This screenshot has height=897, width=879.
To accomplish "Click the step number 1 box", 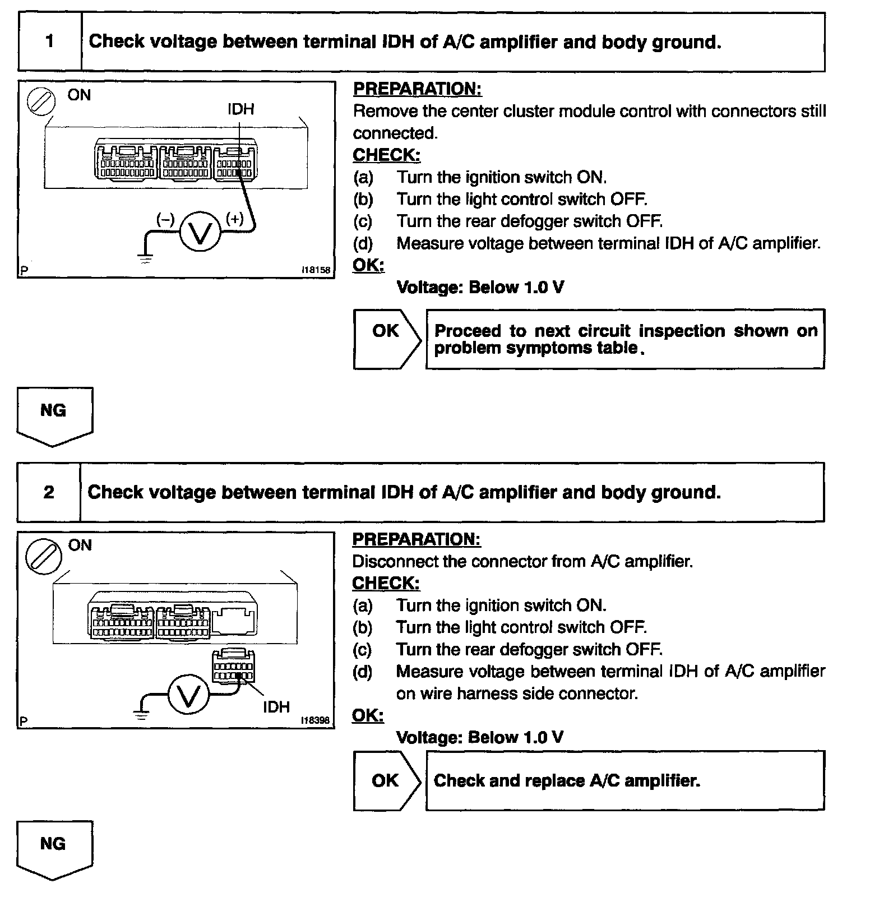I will coord(50,42).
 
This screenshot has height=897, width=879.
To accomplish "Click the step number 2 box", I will coord(49,492).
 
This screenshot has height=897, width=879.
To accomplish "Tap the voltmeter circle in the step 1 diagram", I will coord(200,231).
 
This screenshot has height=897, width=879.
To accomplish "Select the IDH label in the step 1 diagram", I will coord(240,109).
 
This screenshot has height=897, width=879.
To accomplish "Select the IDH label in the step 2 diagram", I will coord(276,707).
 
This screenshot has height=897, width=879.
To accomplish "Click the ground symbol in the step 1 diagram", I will coord(145,258).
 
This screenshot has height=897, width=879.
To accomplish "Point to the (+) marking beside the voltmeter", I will coord(234,219).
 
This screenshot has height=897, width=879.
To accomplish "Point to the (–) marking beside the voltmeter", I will coord(165,219).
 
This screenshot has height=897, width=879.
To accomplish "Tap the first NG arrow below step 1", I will coord(54,415).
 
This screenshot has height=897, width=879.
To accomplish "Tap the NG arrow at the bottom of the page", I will coord(54,849).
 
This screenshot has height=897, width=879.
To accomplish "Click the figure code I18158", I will coord(316,270).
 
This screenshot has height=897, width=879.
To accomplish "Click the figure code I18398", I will coord(316,720).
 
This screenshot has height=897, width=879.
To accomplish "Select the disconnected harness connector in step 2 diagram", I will coord(233,667).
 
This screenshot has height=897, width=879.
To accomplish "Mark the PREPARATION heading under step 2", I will coord(417,539).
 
